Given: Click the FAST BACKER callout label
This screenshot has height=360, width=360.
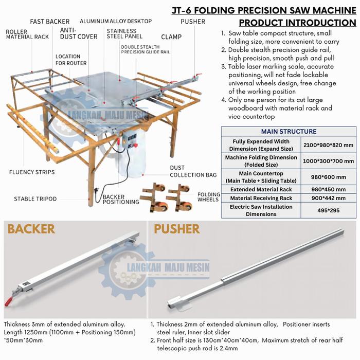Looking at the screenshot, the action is (49, 22).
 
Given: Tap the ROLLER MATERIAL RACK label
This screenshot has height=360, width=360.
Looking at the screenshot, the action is (27, 34).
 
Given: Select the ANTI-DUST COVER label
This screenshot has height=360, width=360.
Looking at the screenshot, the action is (79, 33).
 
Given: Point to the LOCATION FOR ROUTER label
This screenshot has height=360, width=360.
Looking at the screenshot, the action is (71, 60).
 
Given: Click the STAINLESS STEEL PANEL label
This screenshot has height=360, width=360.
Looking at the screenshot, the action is (124, 33).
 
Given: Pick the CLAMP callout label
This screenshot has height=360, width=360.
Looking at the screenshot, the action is (171, 37).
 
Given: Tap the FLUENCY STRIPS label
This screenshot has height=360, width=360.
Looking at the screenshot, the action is (32, 172).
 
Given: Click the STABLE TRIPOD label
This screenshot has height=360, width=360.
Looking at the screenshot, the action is (35, 199).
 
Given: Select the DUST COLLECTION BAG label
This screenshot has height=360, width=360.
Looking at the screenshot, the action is (193, 171).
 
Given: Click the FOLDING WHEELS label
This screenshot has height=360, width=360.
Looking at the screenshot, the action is (209, 197).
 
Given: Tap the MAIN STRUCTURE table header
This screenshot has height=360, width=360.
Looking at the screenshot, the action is (289, 131).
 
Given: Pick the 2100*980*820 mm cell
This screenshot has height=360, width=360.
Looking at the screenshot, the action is (328, 145).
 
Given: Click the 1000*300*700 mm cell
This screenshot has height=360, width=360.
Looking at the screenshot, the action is (328, 161).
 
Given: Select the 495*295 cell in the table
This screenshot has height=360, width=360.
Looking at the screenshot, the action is (328, 210).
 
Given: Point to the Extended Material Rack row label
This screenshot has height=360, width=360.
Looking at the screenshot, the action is (261, 189).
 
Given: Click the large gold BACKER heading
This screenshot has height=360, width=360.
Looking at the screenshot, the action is (31, 229).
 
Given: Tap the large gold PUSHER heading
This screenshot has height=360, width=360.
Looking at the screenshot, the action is (177, 229).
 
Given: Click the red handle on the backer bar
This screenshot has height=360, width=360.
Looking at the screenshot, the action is (8, 301).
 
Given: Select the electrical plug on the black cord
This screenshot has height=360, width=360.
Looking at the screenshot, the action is (96, 191).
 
